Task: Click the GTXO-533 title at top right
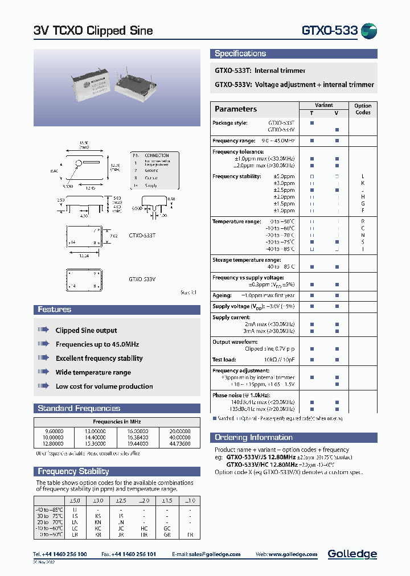coord(329,31)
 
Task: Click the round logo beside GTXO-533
coord(369,31)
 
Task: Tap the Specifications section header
coord(240,54)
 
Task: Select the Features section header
coord(55,310)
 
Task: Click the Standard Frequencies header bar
coord(79,408)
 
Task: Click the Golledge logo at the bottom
coord(352,554)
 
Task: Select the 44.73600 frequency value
coord(179,443)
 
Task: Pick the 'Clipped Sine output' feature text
coord(86,330)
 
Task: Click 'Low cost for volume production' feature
coord(104,386)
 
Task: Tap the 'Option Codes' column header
coord(362,109)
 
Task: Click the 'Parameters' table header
coord(236,109)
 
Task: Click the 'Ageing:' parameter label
coord(222,295)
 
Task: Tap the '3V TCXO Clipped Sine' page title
coord(93,31)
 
